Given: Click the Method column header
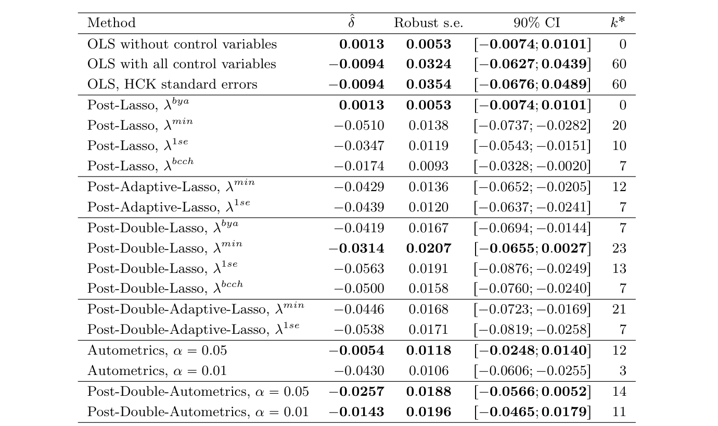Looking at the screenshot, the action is pyautogui.click(x=111, y=23).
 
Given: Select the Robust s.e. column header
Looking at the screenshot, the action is pyautogui.click(x=428, y=23).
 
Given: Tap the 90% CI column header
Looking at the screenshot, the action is pyautogui.click(x=532, y=23).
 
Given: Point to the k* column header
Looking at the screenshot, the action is pyautogui.click(x=618, y=23).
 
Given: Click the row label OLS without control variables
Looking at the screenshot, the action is pyautogui.click(x=182, y=44).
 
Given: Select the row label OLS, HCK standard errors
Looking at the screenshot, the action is pyautogui.click(x=172, y=84).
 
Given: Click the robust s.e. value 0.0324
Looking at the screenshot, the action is pyautogui.click(x=428, y=64).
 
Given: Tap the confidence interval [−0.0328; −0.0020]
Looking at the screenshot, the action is pyautogui.click(x=532, y=166).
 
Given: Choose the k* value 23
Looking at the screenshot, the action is pyautogui.click(x=619, y=248).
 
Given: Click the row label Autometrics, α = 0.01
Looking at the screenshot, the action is pyautogui.click(x=157, y=371).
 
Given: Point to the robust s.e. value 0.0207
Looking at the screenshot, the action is pyautogui.click(x=428, y=248).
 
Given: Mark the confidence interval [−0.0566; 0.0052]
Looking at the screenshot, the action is pyautogui.click(x=532, y=392).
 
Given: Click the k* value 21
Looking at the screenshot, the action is pyautogui.click(x=619, y=309).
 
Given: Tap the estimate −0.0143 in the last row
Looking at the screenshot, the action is pyautogui.click(x=356, y=412).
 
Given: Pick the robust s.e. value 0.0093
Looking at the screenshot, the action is pyautogui.click(x=428, y=166).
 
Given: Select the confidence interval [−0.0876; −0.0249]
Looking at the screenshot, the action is pyautogui.click(x=532, y=269).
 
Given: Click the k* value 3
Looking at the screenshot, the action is pyautogui.click(x=623, y=371).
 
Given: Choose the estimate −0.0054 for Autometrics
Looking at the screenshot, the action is pyautogui.click(x=356, y=350).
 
